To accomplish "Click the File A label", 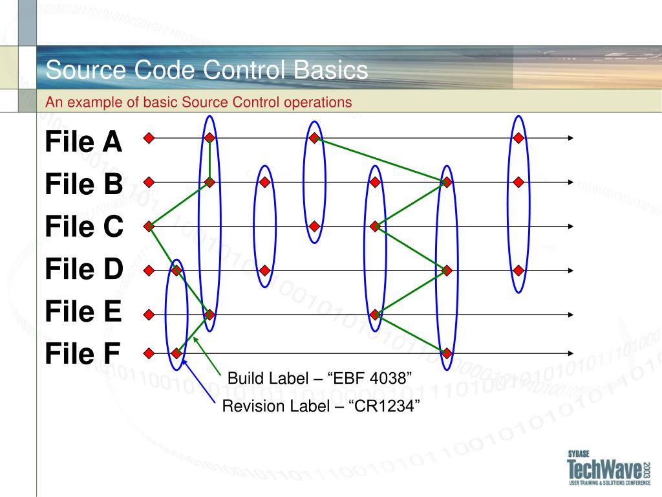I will [83, 142].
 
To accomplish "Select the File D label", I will [83, 269].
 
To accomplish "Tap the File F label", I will [82, 354].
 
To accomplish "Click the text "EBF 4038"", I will [370, 378].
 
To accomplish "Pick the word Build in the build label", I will [243, 378].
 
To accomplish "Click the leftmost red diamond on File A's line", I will [149, 138].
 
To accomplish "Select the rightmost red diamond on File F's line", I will [447, 353].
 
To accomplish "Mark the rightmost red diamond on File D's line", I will [518, 270].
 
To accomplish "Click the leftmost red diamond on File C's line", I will [149, 226].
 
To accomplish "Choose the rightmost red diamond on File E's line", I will [375, 315].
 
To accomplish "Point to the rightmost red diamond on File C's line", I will [375, 226].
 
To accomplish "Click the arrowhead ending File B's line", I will [571, 182].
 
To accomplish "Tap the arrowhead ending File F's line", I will [571, 353].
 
